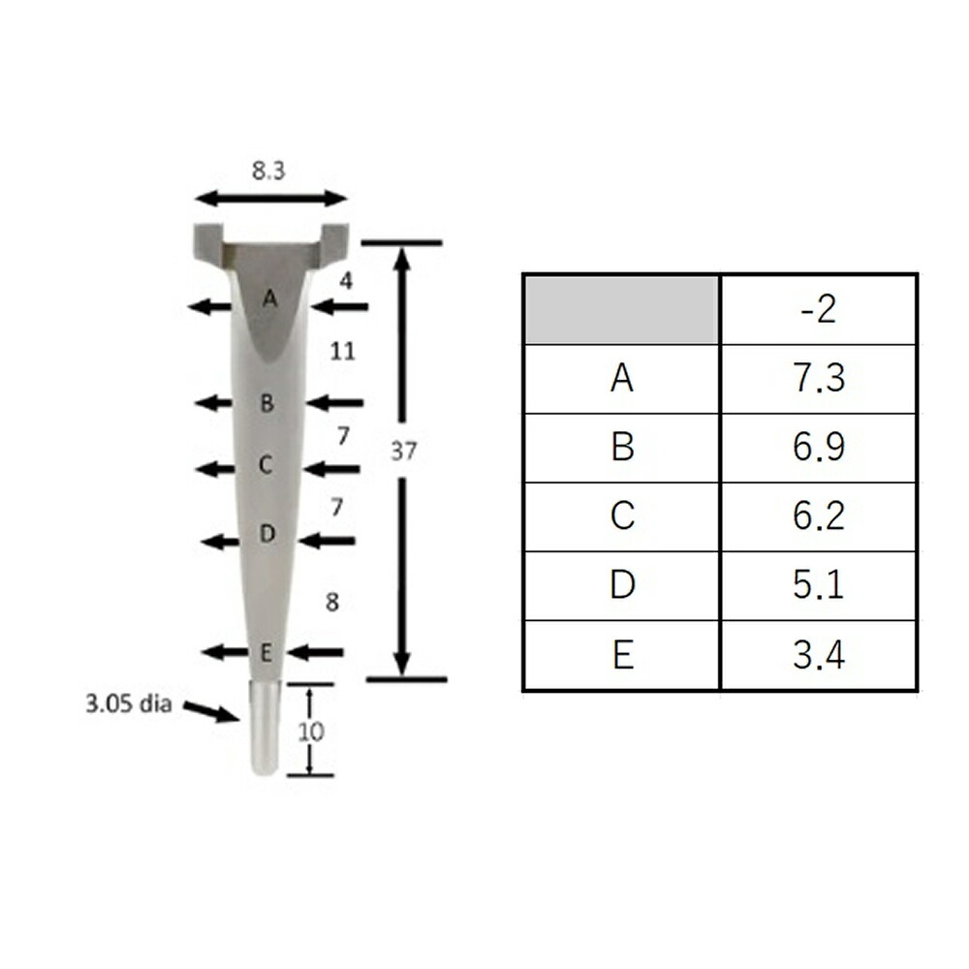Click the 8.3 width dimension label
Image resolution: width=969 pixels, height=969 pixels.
pyautogui.click(x=268, y=171)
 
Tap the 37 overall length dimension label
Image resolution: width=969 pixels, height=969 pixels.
pyautogui.click(x=403, y=452)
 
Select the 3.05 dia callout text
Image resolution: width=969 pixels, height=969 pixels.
pyautogui.click(x=129, y=703)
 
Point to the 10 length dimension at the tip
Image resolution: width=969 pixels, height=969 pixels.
pyautogui.click(x=311, y=732)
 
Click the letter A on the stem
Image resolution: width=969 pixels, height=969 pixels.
pyautogui.click(x=269, y=299)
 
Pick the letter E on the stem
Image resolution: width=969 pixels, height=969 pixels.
pyautogui.click(x=266, y=652)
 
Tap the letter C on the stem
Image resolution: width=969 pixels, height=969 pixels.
pyautogui.click(x=266, y=465)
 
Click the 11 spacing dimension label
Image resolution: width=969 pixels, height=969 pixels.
pyautogui.click(x=342, y=352)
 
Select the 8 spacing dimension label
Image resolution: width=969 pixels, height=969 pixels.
pyautogui.click(x=332, y=602)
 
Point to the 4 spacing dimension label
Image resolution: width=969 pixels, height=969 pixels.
pyautogui.click(x=346, y=281)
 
